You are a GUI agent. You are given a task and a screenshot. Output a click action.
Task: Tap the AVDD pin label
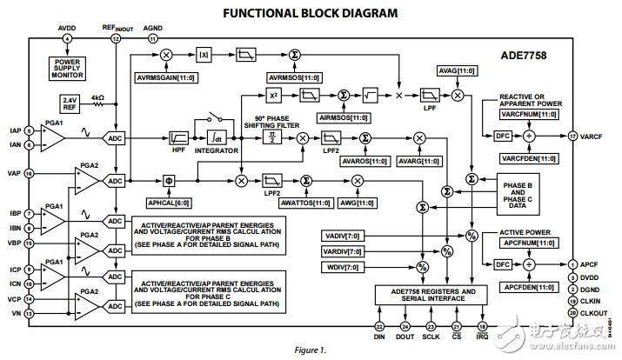(x=67, y=28)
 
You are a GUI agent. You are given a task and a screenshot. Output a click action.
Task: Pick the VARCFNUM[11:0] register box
(x=528, y=114)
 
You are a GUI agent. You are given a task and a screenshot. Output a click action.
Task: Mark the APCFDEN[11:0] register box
(x=528, y=284)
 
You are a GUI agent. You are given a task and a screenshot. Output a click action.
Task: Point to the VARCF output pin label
(x=592, y=137)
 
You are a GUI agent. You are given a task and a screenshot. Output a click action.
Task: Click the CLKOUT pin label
(x=593, y=311)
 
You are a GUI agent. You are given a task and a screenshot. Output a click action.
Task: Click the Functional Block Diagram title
(x=311, y=13)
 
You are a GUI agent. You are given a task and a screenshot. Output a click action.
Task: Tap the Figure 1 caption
(x=310, y=350)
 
